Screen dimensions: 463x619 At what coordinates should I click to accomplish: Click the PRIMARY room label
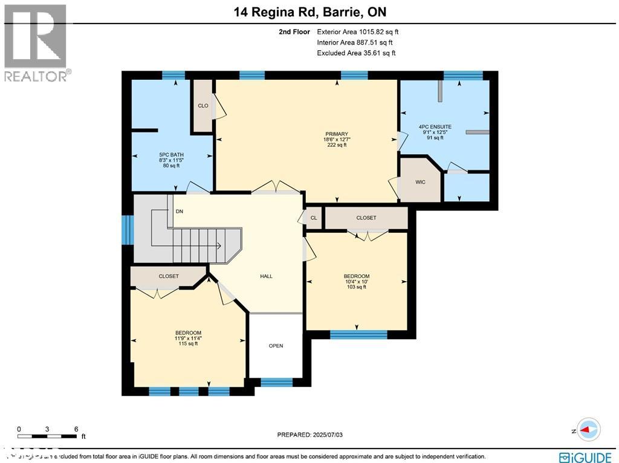point(336,134)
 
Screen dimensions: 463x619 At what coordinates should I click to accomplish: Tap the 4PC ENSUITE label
point(435,127)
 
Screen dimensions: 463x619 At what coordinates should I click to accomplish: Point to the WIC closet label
point(421,181)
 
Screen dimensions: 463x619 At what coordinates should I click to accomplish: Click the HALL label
point(266,276)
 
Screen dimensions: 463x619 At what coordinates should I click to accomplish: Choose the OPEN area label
point(276,346)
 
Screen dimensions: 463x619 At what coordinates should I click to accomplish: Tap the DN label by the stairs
point(179,212)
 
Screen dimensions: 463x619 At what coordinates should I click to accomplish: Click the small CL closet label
point(313,218)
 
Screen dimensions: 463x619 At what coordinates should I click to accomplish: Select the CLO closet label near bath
point(203,106)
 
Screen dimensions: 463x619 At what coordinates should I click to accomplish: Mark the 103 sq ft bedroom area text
point(356,287)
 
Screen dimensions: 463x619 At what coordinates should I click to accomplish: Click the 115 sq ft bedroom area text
point(188,344)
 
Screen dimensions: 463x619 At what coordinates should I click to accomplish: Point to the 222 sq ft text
point(336,145)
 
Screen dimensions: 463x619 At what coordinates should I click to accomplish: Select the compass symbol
point(588,430)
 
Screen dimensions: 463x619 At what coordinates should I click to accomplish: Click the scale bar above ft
point(47,436)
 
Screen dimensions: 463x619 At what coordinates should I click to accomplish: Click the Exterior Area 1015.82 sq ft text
point(357,31)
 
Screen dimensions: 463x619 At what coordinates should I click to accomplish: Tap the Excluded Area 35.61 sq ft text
point(356,53)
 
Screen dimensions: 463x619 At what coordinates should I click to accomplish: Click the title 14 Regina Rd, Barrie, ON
point(309,11)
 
